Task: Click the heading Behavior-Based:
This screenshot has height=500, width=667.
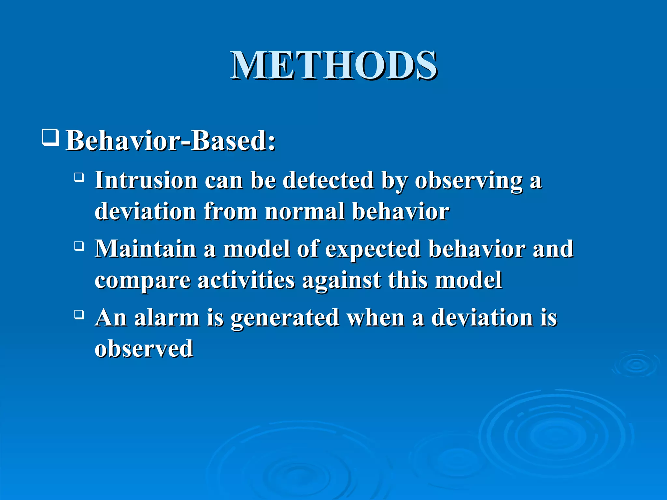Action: pos(171,141)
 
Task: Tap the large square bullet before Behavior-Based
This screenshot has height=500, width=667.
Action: pos(50,137)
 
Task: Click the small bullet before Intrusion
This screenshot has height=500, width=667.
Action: pos(79,177)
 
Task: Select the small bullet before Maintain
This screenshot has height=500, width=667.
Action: pos(79,246)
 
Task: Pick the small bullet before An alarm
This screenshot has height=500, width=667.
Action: pos(79,314)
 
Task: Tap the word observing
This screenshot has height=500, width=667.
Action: pos(468,181)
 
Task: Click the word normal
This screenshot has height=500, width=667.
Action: pos(305,211)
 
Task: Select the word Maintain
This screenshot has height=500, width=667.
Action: pos(146,249)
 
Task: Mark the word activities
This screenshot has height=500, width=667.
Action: pos(246,280)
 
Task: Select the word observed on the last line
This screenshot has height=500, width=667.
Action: pos(144,348)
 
